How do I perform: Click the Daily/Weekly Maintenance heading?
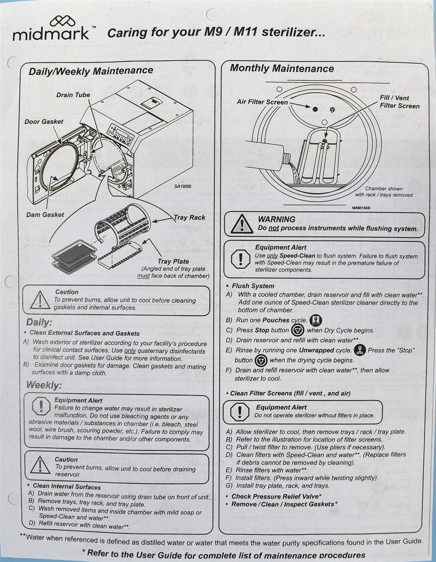pyautogui.click(x=91, y=71)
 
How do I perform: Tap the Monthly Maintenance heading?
pyautogui.click(x=282, y=68)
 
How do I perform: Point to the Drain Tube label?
pyautogui.click(x=73, y=95)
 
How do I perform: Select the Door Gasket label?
pyautogui.click(x=44, y=122)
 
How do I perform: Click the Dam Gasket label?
pyautogui.click(x=45, y=214)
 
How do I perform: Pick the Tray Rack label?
pyautogui.click(x=190, y=217)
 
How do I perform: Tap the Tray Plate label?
pyautogui.click(x=173, y=261)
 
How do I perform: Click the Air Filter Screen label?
pyautogui.click(x=262, y=102)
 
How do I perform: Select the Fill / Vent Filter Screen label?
pyautogui.click(x=399, y=102)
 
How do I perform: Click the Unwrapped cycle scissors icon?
pyautogui.click(x=359, y=350)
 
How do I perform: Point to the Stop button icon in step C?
pyautogui.click(x=297, y=330)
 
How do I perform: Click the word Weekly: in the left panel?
pyautogui.click(x=44, y=385)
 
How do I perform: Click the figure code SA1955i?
pyautogui.click(x=182, y=187)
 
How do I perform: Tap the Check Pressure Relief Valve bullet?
pyautogui.click(x=276, y=496)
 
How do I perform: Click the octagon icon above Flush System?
pyautogui.click(x=241, y=259)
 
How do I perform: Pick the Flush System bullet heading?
pyautogui.click(x=253, y=286)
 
